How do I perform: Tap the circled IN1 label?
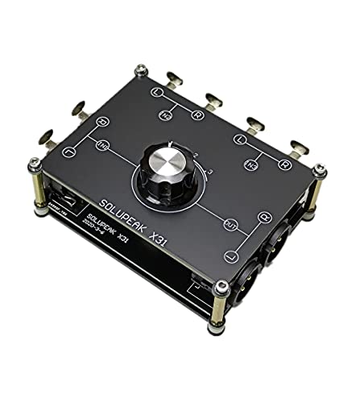[104, 147]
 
